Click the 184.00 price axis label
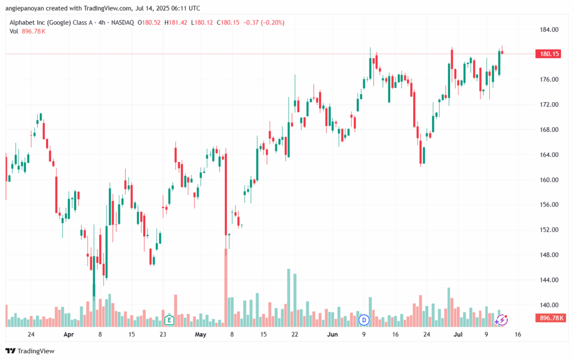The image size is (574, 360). (549, 30)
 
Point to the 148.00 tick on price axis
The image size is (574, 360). (549, 255)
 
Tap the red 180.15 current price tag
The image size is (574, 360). (549, 54)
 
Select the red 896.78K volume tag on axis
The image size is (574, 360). (550, 318)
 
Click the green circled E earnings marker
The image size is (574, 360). (169, 320)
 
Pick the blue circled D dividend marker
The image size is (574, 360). (363, 320)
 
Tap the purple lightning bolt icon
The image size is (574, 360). (502, 320)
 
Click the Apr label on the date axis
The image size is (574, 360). (68, 334)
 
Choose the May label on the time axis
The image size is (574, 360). (201, 334)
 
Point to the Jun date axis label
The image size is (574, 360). (332, 334)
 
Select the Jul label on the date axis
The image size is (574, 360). (457, 334)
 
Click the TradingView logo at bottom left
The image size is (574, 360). (30, 351)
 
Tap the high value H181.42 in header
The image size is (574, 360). (175, 22)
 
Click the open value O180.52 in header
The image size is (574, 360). (149, 22)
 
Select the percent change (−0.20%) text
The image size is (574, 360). (272, 22)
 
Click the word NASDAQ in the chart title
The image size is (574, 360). (123, 22)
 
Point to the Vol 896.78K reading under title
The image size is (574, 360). (27, 31)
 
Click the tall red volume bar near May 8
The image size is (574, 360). (226, 288)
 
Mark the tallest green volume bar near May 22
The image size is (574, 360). (289, 298)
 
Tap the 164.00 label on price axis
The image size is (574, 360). (549, 155)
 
